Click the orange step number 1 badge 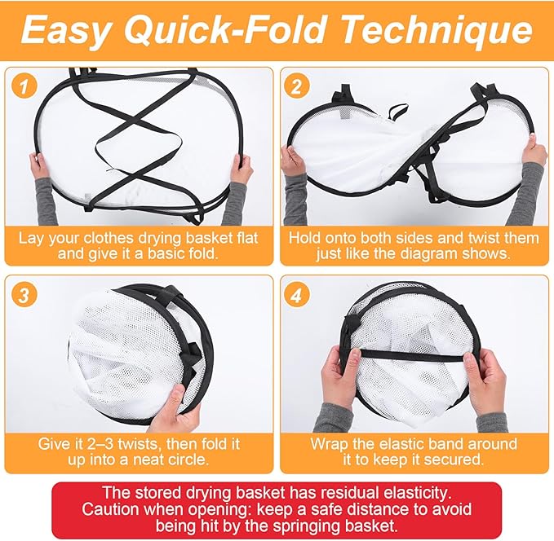point(24,86)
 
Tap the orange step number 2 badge point(296,86)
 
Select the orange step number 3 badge point(24,294)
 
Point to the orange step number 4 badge point(296,294)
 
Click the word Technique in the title point(437,29)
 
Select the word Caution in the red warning point(111,509)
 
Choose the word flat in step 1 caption point(247,238)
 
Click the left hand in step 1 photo point(39,167)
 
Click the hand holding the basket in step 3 point(176,408)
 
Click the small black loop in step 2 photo point(398,112)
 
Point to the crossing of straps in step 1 point(135,120)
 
